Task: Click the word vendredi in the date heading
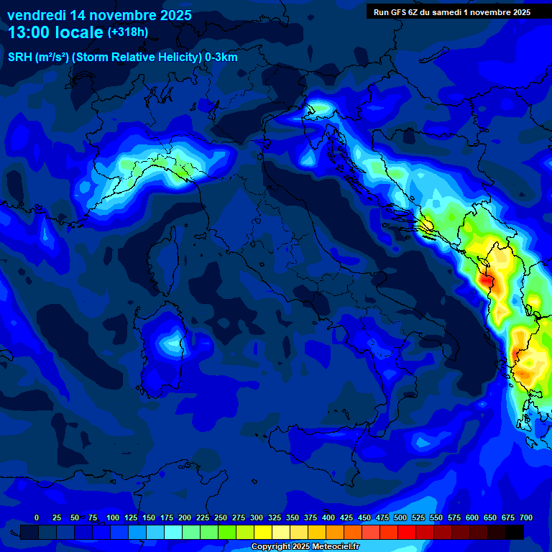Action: [x=36, y=15]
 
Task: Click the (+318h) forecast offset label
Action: [x=127, y=32]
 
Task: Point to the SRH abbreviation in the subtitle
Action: [x=20, y=57]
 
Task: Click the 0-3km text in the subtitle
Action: [x=221, y=57]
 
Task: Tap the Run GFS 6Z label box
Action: [x=451, y=11]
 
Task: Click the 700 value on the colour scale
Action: [x=526, y=517]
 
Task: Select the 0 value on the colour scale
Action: [x=37, y=517]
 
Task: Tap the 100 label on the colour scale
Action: [x=113, y=517]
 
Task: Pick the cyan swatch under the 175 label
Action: [x=173, y=532]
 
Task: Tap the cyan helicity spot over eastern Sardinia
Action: [x=172, y=343]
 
